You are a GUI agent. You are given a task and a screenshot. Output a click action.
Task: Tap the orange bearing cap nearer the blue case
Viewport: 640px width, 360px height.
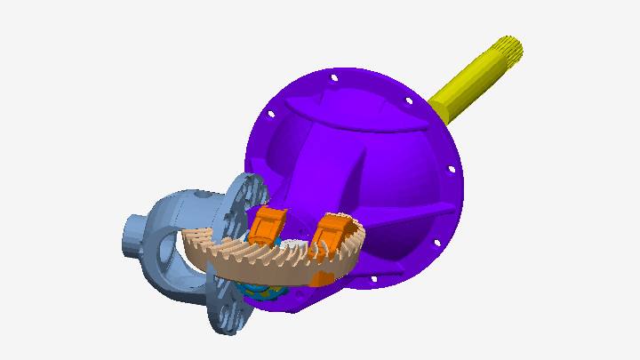point(266,226)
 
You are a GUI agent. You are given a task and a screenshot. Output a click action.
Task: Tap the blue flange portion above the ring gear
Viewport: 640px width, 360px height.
point(244,196)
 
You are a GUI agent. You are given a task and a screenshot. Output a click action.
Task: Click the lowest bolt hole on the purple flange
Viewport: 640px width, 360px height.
point(374,278)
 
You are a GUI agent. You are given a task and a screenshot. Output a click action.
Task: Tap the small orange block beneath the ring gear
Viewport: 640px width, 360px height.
point(322,278)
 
